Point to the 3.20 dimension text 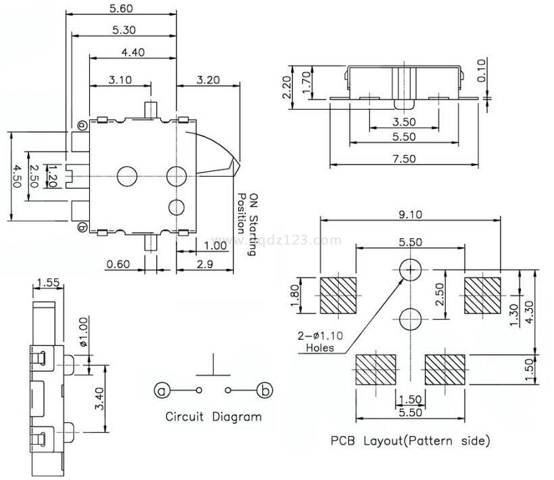[x=208, y=79]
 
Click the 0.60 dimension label [x=118, y=264]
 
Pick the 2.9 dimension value [x=206, y=264]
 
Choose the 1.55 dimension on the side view [x=47, y=282]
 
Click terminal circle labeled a [x=161, y=390]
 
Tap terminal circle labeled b [x=265, y=390]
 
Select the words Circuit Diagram [x=213, y=416]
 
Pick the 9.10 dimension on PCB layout [x=410, y=215]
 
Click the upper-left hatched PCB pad [x=338, y=296]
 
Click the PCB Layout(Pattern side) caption [x=410, y=441]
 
